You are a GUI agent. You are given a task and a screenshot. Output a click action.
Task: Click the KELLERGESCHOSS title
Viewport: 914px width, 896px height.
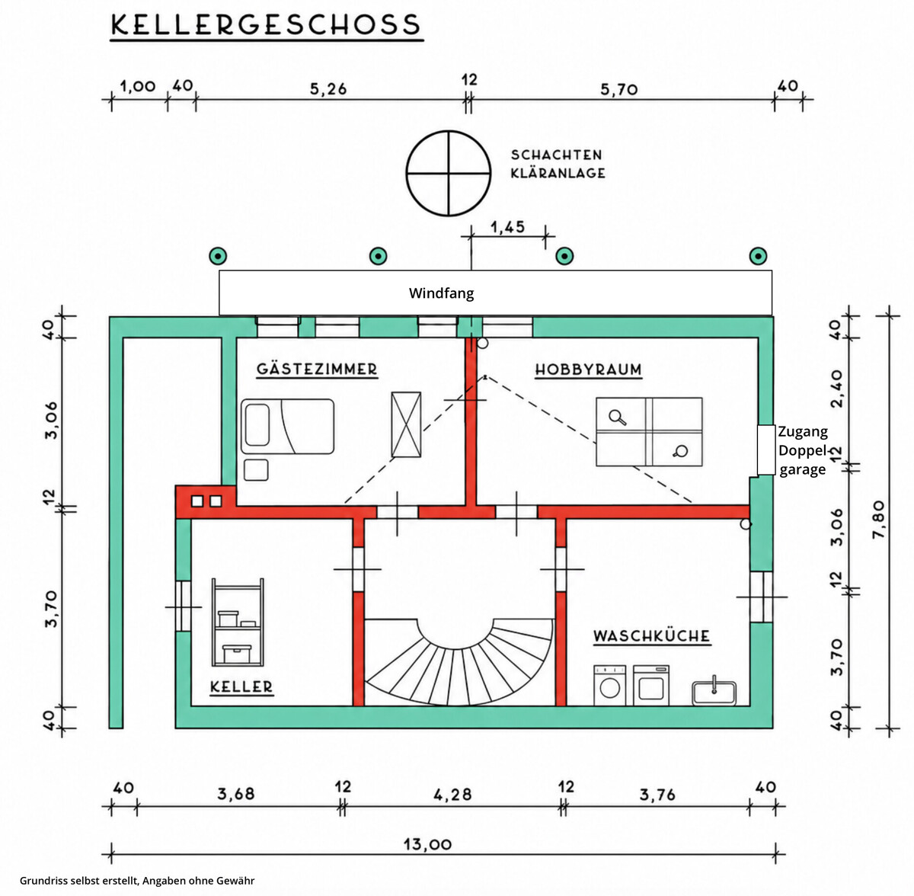coord(266,24)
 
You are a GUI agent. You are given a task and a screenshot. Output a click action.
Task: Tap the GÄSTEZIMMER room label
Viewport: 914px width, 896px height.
coord(317,369)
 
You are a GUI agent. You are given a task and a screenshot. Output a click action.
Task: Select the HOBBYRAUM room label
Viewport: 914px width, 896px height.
coord(588,370)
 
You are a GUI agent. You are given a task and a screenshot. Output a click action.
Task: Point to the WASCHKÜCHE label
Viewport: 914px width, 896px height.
coord(652,636)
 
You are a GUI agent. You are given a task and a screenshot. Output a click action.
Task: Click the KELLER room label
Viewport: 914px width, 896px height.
coord(241,686)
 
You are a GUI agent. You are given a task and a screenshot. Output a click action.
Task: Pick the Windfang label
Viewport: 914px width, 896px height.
coord(441,293)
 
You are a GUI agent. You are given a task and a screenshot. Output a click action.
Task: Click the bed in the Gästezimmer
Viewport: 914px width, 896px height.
coord(287,426)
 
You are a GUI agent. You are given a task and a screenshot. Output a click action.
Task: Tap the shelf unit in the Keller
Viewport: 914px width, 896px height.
coord(238,622)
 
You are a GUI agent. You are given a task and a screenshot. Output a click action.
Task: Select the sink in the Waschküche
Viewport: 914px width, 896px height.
coord(714,693)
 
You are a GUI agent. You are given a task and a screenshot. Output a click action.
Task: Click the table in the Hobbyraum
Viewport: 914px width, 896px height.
coord(649,431)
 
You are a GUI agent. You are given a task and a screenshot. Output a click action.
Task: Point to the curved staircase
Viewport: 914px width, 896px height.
coord(459,662)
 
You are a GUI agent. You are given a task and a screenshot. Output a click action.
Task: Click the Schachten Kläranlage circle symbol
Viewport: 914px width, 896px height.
coord(448,173)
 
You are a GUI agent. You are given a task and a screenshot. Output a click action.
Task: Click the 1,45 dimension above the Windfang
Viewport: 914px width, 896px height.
coord(507,227)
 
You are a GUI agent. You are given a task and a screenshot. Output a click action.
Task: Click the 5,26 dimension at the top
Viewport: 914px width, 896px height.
coord(328,88)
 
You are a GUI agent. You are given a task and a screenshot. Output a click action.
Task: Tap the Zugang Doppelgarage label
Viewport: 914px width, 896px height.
coord(803,450)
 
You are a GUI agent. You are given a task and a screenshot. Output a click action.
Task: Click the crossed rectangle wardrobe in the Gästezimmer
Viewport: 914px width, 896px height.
coord(406,424)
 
